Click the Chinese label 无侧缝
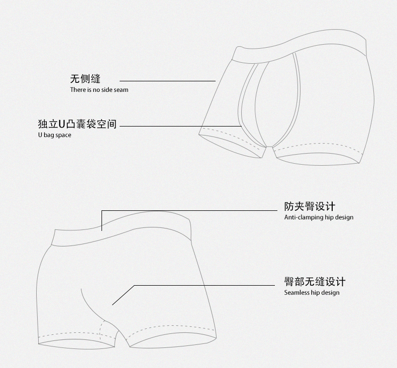point(85,79)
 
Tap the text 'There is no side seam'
point(100,90)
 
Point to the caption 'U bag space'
point(54,135)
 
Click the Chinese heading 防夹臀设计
point(310,206)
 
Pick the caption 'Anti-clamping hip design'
point(319,217)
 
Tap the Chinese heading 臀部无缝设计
point(315,282)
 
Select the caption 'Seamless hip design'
point(312,293)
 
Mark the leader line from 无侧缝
point(167,81)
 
